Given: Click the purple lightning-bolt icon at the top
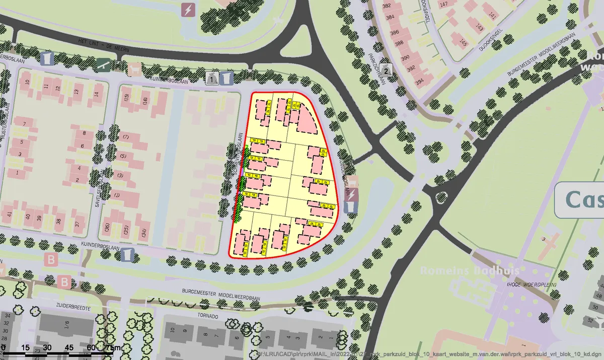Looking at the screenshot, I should tap(188, 10).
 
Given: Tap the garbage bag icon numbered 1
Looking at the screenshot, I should tap(212, 78).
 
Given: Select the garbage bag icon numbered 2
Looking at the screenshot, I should tap(386, 70).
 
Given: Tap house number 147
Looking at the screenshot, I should tap(444, 5).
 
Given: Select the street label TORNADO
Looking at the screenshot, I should tap(207, 316).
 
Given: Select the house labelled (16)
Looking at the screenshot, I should tap(145, 100).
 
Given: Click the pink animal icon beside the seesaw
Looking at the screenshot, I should tap(134, 68).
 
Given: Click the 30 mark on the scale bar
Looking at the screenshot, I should tap(47, 348).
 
